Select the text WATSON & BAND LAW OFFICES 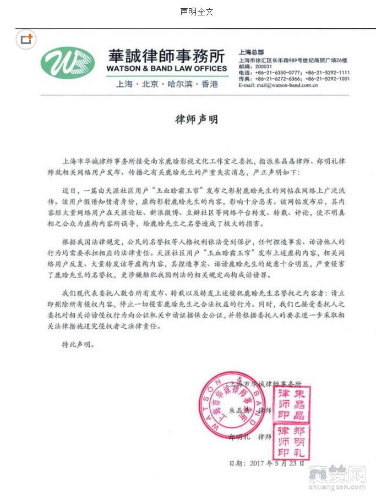coord(166,69)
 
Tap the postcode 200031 coord(264,65)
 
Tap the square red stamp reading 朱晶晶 coord(293,403)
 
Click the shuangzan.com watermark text coord(336,486)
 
